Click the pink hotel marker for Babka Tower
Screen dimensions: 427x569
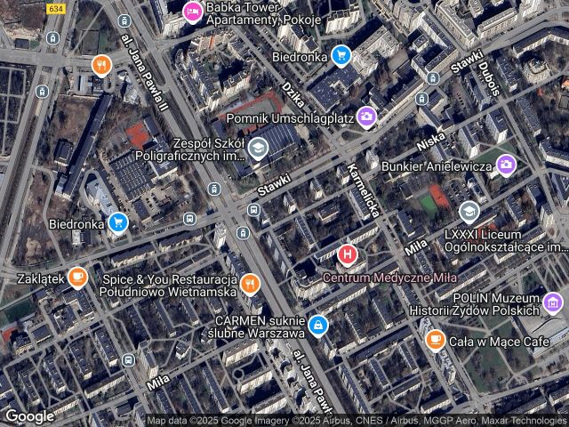[x=191, y=12]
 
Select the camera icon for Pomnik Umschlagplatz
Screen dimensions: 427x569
[x=366, y=117]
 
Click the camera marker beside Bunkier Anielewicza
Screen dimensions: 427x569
[x=506, y=164]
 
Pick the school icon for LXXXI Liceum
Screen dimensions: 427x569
[x=469, y=212]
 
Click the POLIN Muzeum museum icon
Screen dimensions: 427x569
[x=554, y=304]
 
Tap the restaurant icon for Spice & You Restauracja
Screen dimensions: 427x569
[x=251, y=285]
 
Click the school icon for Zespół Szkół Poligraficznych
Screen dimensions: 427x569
[x=258, y=148]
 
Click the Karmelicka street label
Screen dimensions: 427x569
[x=365, y=190]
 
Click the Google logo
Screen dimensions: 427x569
[x=29, y=415]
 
